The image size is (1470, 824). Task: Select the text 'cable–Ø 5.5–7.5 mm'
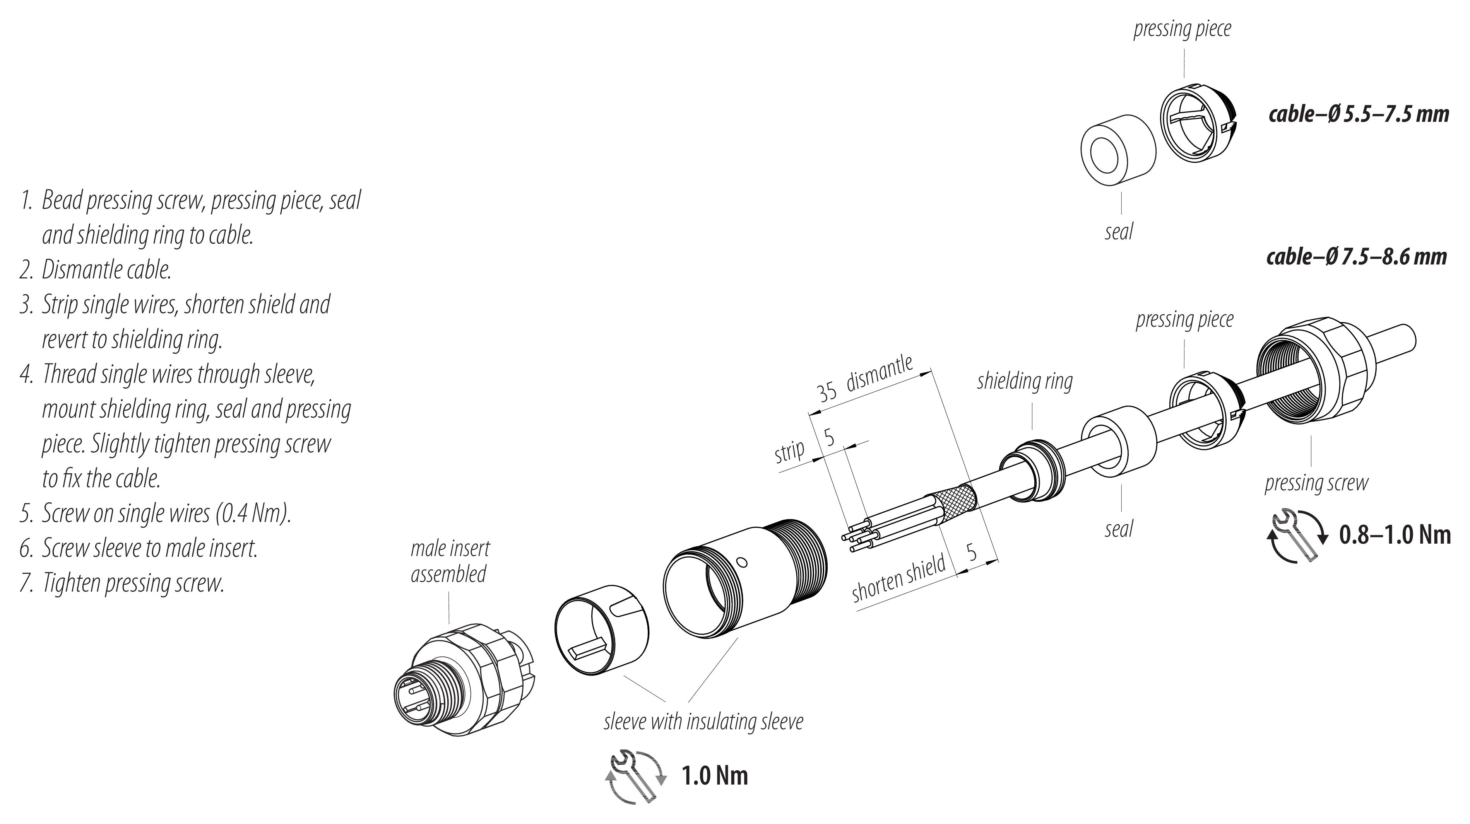[1358, 114]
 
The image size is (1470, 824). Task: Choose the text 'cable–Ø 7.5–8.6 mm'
[1357, 257]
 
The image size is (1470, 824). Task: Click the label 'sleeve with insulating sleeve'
[703, 722]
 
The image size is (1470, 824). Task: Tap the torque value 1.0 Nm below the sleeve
[714, 776]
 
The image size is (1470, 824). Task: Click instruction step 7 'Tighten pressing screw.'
[132, 583]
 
